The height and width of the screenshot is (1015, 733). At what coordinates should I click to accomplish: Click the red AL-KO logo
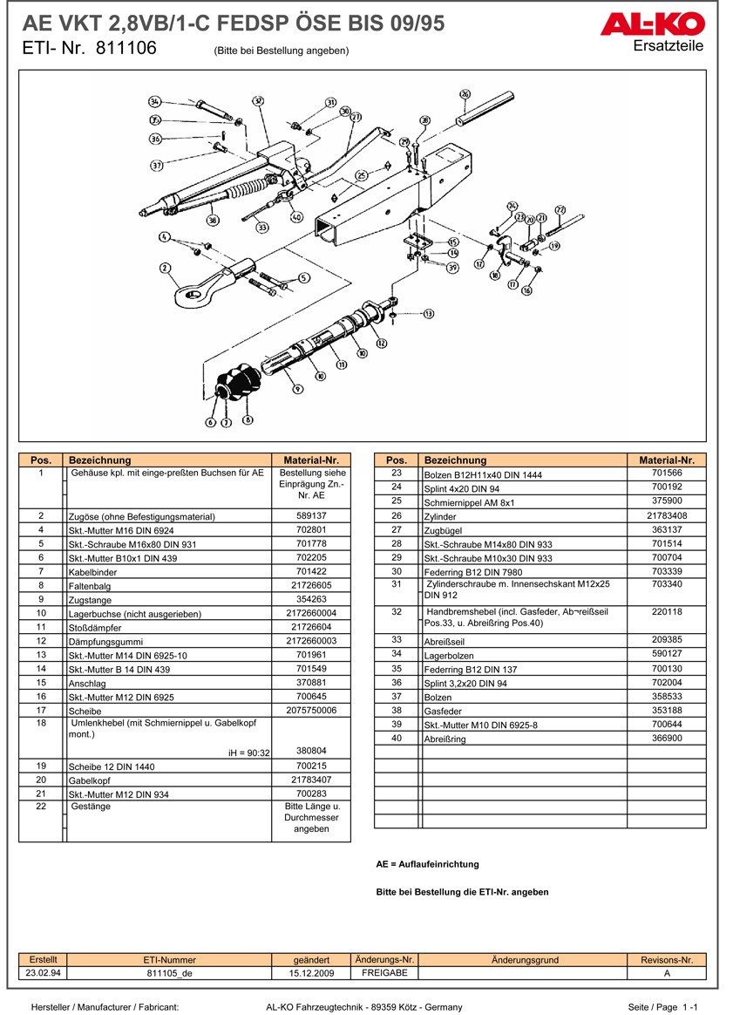[x=652, y=24]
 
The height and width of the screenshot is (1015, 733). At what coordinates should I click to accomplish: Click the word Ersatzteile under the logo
[x=669, y=46]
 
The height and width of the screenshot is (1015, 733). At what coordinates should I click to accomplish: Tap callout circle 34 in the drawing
[x=154, y=102]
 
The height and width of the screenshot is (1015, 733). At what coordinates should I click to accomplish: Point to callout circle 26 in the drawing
[x=465, y=94]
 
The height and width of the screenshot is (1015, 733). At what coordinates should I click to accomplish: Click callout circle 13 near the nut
[x=428, y=313]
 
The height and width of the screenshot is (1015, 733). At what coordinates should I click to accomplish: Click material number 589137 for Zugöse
[x=311, y=516]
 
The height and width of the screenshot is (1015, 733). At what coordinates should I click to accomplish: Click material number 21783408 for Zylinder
[x=666, y=516]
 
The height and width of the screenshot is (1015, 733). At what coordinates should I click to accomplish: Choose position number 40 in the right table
[x=396, y=738]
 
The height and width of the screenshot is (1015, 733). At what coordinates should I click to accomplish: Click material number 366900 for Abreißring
[x=666, y=738]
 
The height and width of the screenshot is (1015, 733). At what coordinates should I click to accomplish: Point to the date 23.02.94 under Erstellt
[x=43, y=972]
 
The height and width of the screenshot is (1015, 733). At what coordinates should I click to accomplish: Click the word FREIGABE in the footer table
[x=385, y=972]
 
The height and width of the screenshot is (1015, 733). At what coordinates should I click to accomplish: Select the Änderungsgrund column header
[x=525, y=960]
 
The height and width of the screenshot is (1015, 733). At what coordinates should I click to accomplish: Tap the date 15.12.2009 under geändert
[x=311, y=972]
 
